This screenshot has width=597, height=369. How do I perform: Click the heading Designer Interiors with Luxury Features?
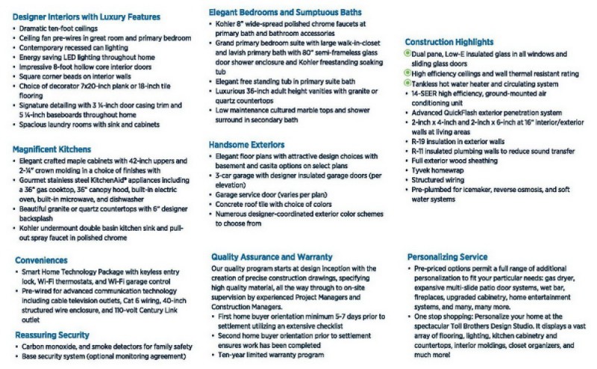(86, 16)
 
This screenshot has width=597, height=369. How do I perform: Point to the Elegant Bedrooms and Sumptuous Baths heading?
(286, 13)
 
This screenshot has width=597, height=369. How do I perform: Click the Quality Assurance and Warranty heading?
(282, 256)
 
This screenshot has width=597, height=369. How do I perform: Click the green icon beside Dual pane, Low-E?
(407, 53)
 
